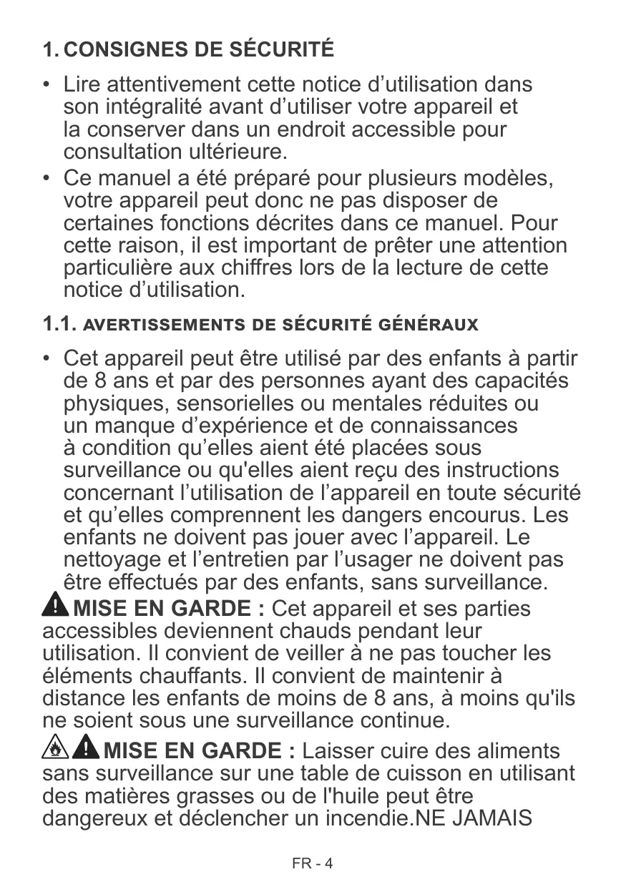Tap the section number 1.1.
(x=59, y=324)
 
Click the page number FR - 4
(x=313, y=863)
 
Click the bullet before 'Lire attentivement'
(x=46, y=85)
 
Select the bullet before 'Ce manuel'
(x=46, y=177)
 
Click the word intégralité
(x=145, y=108)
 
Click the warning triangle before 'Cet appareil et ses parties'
(x=55, y=608)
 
